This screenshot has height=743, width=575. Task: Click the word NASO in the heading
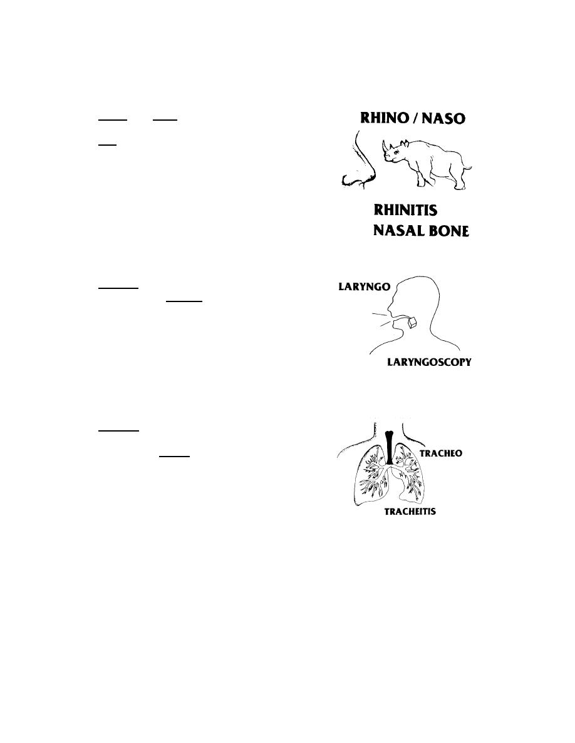point(443,118)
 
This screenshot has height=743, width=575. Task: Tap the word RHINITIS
point(406,210)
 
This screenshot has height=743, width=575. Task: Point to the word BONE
point(446,231)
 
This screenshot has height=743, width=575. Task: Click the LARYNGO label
point(365,286)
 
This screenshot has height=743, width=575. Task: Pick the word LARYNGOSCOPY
point(429,362)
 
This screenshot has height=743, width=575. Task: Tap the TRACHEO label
point(441,453)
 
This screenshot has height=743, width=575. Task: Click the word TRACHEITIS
point(410,512)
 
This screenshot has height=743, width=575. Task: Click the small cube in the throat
point(412,322)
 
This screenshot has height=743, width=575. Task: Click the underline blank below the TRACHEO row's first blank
point(174,457)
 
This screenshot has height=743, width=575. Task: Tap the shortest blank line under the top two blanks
point(107,144)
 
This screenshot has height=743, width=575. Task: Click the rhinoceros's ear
point(404,143)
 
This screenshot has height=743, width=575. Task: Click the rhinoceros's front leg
point(421,177)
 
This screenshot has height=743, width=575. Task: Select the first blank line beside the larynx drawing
point(118,287)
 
